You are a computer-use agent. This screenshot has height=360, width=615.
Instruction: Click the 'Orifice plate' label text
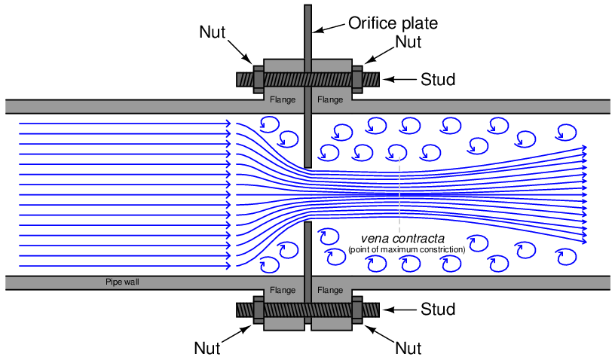coord(392,23)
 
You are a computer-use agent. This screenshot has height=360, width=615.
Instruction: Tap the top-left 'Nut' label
coord(213,32)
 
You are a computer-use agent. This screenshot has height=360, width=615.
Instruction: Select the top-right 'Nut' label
coord(408,42)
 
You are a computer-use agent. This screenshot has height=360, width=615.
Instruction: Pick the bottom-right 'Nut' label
coord(408,347)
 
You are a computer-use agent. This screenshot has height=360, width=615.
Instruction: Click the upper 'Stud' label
coord(438,78)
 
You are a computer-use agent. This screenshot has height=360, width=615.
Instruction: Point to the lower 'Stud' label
coord(438,309)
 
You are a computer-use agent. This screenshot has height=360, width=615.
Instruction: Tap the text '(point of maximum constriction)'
coord(406,249)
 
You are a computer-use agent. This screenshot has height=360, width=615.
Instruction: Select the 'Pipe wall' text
coord(122,282)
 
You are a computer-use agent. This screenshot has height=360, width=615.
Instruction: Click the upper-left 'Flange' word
coord(282,99)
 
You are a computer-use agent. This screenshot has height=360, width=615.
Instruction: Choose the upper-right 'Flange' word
coord(330,99)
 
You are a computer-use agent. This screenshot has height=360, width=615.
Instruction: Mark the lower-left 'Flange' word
coord(282,289)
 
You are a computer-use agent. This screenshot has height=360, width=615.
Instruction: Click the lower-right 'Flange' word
coord(330,289)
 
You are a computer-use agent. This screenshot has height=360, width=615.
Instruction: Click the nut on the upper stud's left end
coord(258,78)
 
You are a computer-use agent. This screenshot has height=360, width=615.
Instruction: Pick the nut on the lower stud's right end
coord(356,309)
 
